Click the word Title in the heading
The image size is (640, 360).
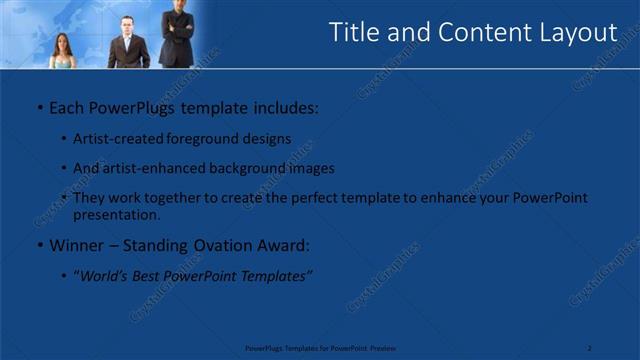click(x=355, y=33)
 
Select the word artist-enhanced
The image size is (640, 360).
click(x=151, y=168)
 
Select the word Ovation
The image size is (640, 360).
click(x=223, y=245)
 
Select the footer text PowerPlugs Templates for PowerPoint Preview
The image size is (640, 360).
click(x=320, y=348)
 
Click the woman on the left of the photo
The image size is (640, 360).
click(x=61, y=51)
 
